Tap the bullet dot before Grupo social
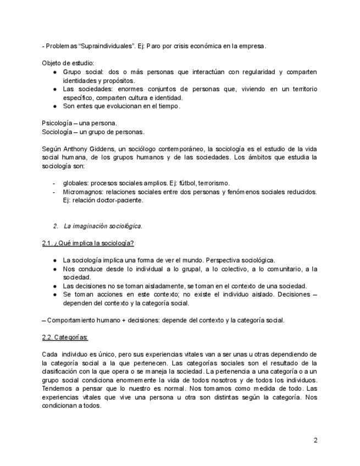pos(55,72)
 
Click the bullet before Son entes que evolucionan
pos(55,106)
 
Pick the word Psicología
pos(57,123)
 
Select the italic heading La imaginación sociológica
pos(103,226)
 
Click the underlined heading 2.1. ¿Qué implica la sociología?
pos(88,243)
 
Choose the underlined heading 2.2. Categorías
pos(65,337)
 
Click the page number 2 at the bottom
pos(315,440)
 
